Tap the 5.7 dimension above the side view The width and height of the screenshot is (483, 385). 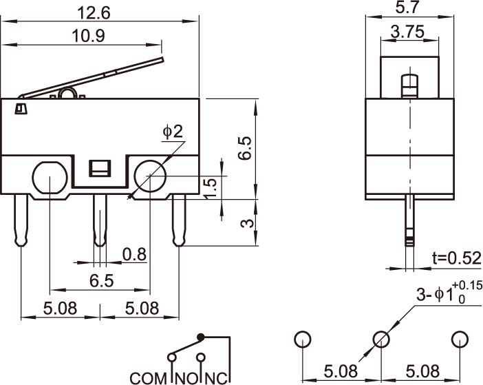[410, 8]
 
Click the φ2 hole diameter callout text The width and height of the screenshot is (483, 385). [173, 132]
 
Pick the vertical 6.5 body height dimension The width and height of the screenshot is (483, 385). [246, 148]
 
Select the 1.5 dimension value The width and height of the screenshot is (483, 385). [212, 186]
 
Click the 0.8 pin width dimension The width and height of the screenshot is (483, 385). [135, 255]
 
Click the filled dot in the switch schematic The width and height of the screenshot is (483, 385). [201, 337]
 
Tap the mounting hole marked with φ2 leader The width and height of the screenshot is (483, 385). [150, 178]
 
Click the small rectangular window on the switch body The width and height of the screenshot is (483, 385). [100, 168]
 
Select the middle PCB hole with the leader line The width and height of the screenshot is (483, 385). [381, 339]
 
